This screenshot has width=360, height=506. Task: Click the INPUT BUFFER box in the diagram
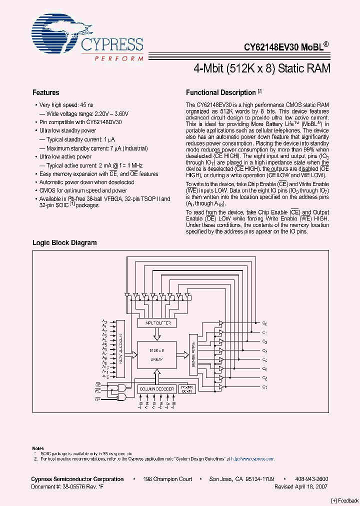pos(157,323)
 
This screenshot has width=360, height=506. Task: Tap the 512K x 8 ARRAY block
pos(157,354)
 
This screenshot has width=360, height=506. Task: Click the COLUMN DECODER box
pos(156,389)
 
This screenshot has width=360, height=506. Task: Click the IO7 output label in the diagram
pos(264,387)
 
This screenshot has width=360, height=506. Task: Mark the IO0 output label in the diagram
pos(264,323)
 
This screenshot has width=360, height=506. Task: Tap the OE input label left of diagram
pos(97,399)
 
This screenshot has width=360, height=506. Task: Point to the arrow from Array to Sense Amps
pos(182,354)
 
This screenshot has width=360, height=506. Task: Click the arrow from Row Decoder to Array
pos(132,354)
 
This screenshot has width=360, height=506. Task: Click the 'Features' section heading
pos(45,92)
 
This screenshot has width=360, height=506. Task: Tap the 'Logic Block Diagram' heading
pos(64,242)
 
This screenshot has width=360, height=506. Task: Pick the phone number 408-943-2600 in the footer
pos(312,479)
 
